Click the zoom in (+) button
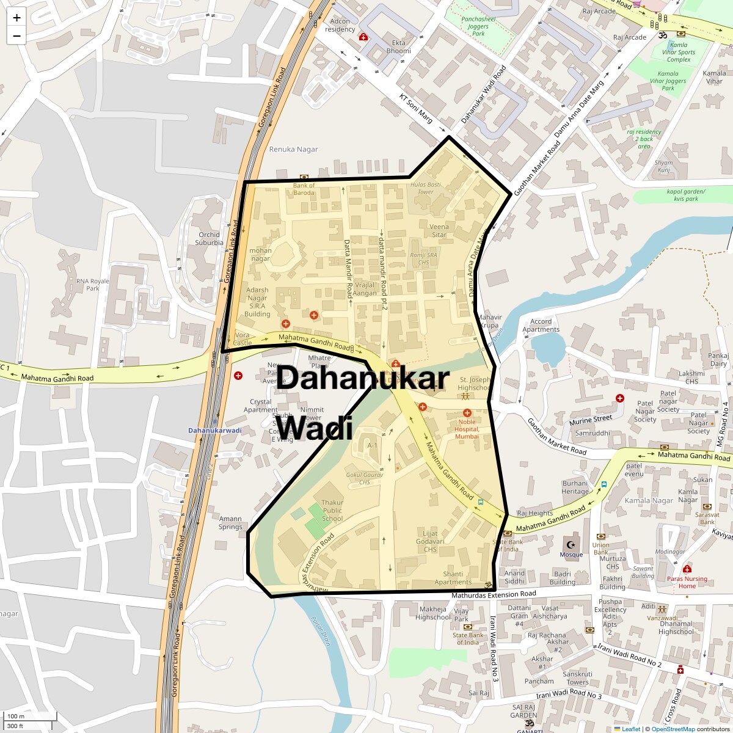(x=16, y=18)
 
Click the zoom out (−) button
(x=16, y=35)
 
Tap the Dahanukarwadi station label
(x=214, y=431)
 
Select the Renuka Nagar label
(x=293, y=149)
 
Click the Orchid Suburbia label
(x=209, y=238)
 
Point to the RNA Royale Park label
(x=92, y=285)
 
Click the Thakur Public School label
(x=332, y=511)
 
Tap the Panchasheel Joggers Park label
(x=478, y=26)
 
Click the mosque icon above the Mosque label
(x=571, y=544)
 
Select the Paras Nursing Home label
(x=687, y=582)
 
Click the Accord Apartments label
(x=541, y=326)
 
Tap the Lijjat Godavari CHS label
(x=430, y=541)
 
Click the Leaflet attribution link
(x=631, y=729)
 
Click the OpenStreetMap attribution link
(x=673, y=729)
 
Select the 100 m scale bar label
(x=16, y=716)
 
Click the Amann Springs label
(x=230, y=523)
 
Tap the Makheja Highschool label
(x=432, y=613)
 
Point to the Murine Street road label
(x=590, y=420)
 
